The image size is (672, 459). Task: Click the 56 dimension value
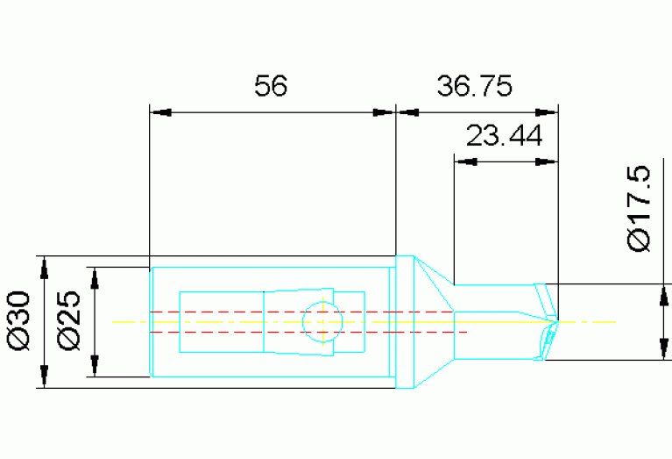[271, 86]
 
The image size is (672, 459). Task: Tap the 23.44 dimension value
[504, 136]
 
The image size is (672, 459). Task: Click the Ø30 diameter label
[20, 322]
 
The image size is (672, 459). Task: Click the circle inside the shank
[323, 321]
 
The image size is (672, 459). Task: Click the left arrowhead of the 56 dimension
[160, 112]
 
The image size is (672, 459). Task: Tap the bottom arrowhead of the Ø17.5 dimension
[656, 350]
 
